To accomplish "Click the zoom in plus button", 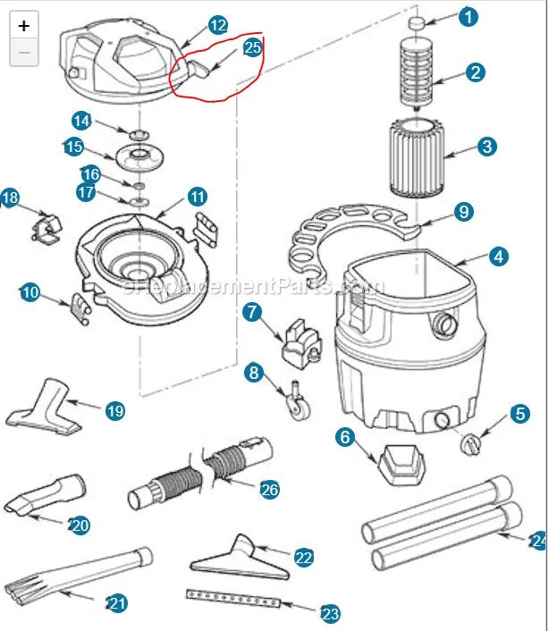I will coord(24,26).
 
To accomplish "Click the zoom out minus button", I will coord(24,53).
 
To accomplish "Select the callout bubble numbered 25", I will coord(252,47).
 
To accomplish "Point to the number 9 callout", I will coord(463,213).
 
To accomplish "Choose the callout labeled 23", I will coord(330,614).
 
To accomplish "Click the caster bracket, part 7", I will coord(298,343).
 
